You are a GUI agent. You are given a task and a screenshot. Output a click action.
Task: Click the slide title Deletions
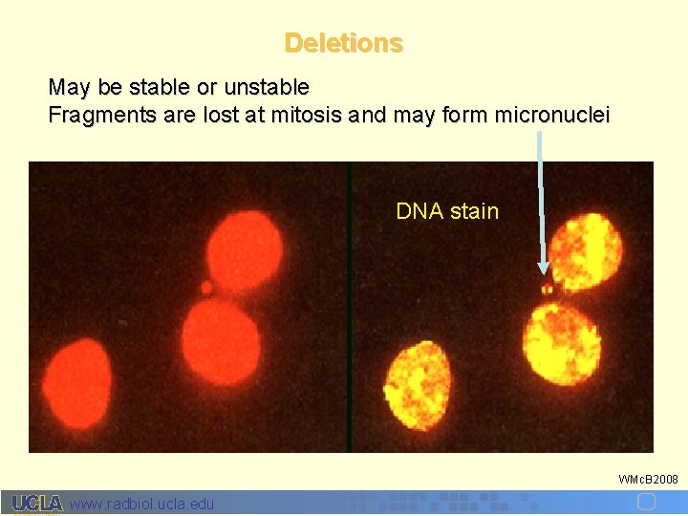pyautogui.click(x=343, y=43)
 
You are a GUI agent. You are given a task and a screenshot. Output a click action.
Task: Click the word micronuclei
pyautogui.click(x=552, y=116)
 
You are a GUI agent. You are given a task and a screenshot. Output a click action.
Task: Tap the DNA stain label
pyautogui.click(x=447, y=211)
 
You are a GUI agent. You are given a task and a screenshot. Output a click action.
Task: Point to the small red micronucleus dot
pyautogui.click(x=206, y=286)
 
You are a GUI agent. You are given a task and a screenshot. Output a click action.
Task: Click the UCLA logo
pyautogui.click(x=36, y=504)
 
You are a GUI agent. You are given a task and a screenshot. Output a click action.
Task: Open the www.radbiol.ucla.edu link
pyautogui.click(x=142, y=504)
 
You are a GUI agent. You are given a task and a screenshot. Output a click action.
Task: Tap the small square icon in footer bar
pyautogui.click(x=646, y=502)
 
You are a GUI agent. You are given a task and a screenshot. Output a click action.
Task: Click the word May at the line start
pyautogui.click(x=70, y=88)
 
